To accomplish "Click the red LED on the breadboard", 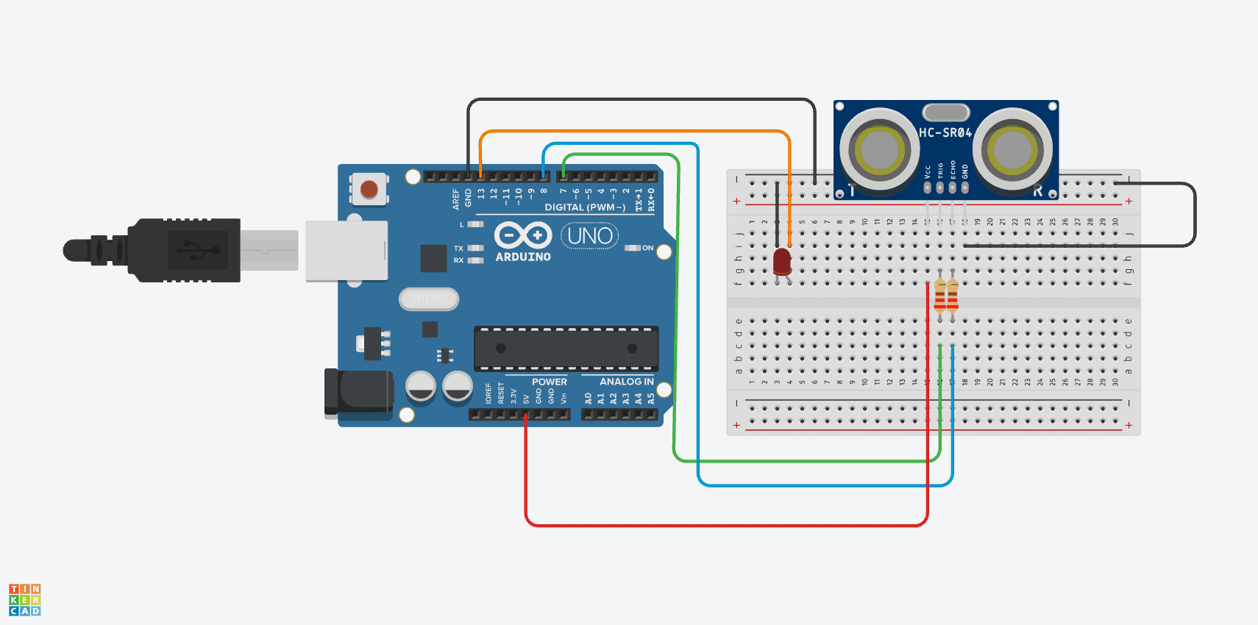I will pyautogui.click(x=782, y=261).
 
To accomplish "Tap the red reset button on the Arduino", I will pyautogui.click(x=369, y=189).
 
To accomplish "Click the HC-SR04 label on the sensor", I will pyautogui.click(x=945, y=133).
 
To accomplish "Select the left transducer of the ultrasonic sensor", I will pyautogui.click(x=879, y=150).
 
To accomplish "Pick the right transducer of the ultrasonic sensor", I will pyautogui.click(x=1012, y=150).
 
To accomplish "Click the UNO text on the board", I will pyautogui.click(x=590, y=236).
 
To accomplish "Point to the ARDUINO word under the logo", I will pyautogui.click(x=523, y=257).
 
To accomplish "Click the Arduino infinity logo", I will pyautogui.click(x=523, y=235).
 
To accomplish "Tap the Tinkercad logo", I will pyautogui.click(x=25, y=600).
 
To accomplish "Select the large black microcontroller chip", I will pyautogui.click(x=566, y=348).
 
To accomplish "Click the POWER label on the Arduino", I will pyautogui.click(x=550, y=382).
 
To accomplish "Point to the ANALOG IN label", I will pyautogui.click(x=626, y=382).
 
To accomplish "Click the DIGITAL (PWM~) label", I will pyautogui.click(x=585, y=207).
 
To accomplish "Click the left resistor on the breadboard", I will pyautogui.click(x=940, y=296).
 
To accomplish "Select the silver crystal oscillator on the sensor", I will pyautogui.click(x=946, y=112).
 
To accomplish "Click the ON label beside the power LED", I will pyautogui.click(x=647, y=248).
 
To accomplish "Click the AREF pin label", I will pyautogui.click(x=456, y=199).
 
